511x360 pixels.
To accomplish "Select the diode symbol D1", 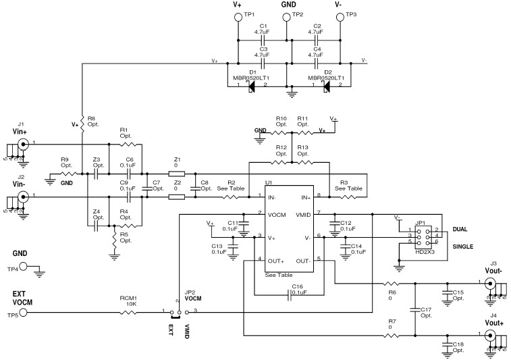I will pyautogui.click(x=252, y=84).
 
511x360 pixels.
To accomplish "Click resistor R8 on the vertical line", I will pyautogui.click(x=82, y=121).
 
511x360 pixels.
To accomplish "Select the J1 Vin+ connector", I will pyautogui.click(x=23, y=144).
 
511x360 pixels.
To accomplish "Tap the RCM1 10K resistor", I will pyautogui.click(x=128, y=312).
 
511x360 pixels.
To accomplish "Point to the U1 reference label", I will pyautogui.click(x=269, y=183).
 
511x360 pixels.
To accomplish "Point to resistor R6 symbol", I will pyautogui.click(x=391, y=283).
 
